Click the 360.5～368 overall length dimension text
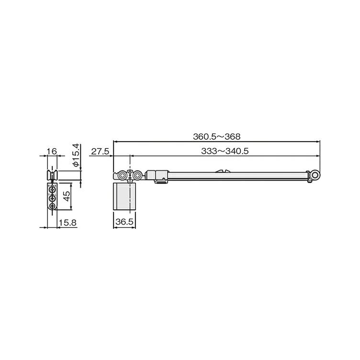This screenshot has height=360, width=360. click(216, 136)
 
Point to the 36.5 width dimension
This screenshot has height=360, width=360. click(124, 223)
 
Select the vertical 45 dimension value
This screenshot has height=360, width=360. click(67, 196)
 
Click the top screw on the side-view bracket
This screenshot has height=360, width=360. click(52, 189)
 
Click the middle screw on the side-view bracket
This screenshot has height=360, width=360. click(52, 196)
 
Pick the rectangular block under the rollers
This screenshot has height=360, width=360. click(124, 196)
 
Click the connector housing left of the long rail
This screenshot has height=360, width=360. click(158, 176)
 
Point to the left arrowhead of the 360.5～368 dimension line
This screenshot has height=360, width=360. click(115, 142)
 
